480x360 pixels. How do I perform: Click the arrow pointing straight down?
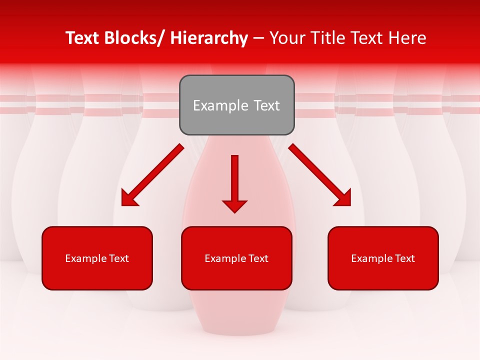coord(234,182)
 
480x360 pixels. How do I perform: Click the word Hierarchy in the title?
coord(209,38)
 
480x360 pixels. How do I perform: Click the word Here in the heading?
coord(408,38)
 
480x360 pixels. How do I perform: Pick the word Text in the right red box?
coord(405,258)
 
